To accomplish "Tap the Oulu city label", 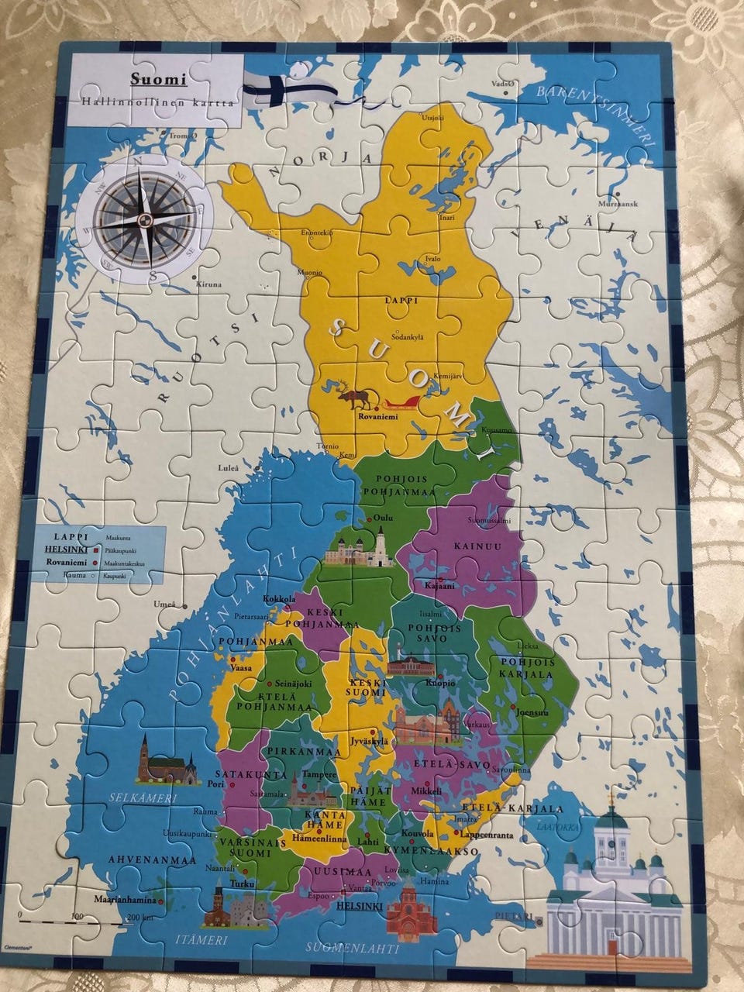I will click(x=384, y=518).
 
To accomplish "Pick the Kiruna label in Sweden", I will click(x=208, y=284).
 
